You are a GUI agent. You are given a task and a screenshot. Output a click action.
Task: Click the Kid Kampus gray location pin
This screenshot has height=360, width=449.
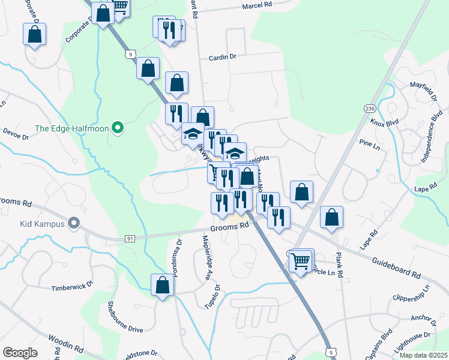[74, 224]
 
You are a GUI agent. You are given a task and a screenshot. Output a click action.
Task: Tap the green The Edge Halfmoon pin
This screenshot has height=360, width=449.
[118, 127]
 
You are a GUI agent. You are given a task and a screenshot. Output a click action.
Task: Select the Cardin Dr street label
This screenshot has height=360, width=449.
[223, 58]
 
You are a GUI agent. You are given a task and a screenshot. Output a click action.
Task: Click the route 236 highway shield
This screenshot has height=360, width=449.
[369, 108]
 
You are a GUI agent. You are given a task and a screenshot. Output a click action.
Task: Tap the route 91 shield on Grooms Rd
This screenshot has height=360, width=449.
[130, 239]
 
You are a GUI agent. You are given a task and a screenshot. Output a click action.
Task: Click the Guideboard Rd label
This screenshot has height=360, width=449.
[396, 267]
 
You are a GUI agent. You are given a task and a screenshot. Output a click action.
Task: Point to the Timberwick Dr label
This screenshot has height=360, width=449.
[73, 287]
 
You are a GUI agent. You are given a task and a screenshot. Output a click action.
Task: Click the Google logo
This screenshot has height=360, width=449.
[20, 353]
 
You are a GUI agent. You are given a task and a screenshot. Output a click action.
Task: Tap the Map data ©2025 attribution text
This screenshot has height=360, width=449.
[423, 355]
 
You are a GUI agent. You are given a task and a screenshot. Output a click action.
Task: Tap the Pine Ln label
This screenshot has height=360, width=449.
[369, 146]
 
